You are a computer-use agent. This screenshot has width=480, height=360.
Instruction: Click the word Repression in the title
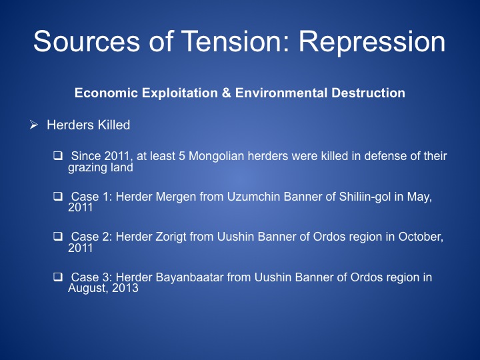tap(372, 42)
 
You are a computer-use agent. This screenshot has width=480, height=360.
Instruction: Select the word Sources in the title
tap(86, 41)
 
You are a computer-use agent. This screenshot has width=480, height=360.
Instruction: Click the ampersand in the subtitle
tap(226, 93)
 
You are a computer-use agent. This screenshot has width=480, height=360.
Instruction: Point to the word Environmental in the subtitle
tap(281, 93)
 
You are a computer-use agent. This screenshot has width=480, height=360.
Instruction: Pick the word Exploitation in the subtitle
tap(179, 93)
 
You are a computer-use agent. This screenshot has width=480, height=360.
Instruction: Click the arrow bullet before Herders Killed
tap(34, 125)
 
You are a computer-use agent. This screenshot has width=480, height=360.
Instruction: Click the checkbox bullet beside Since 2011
tap(58, 155)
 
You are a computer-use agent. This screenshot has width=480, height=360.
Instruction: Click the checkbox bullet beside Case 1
tap(58, 196)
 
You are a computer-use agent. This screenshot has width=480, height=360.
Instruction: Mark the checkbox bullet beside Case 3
tap(58, 277)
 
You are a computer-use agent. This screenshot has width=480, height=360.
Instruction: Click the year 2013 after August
tap(125, 288)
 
